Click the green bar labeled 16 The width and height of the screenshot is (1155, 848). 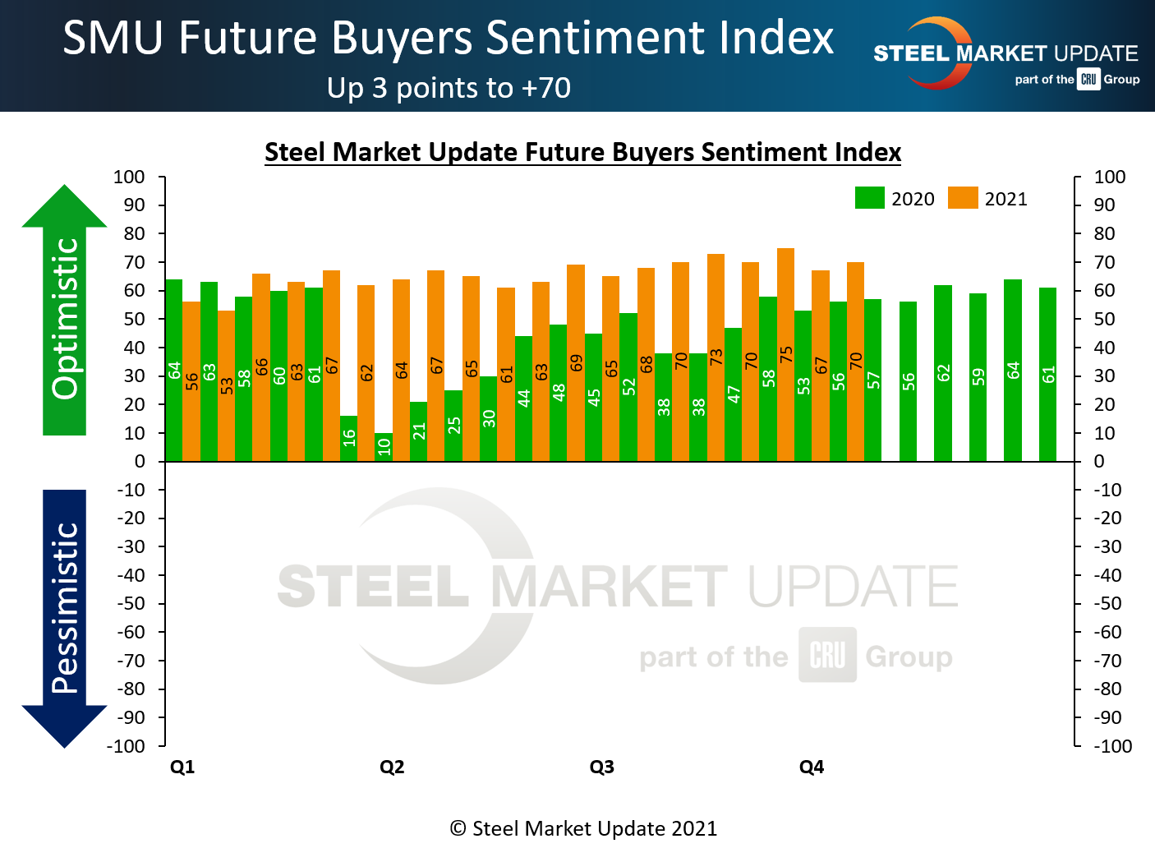[x=348, y=439]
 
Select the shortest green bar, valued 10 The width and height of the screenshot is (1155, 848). [x=384, y=447]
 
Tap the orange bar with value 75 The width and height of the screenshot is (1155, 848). [x=785, y=354]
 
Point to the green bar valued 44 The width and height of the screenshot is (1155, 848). [x=523, y=399]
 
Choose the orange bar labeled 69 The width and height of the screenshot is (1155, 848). [x=576, y=362]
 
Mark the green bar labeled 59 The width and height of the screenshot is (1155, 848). [x=978, y=377]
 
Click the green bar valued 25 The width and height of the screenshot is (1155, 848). [x=453, y=426]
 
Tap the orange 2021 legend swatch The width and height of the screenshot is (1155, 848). [x=963, y=198]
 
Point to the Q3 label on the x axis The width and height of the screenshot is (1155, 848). [x=601, y=767]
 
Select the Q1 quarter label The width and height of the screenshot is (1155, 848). [x=182, y=767]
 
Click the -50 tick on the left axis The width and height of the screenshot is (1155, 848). [x=131, y=604]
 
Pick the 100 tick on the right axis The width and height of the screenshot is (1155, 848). [x=1109, y=177]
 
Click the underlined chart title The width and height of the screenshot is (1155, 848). [x=582, y=153]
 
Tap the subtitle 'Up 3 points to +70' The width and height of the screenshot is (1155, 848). [x=449, y=88]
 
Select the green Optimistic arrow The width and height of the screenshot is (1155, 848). [x=64, y=312]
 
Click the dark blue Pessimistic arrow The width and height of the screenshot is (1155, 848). [x=64, y=616]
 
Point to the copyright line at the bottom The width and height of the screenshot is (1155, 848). [x=583, y=828]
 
